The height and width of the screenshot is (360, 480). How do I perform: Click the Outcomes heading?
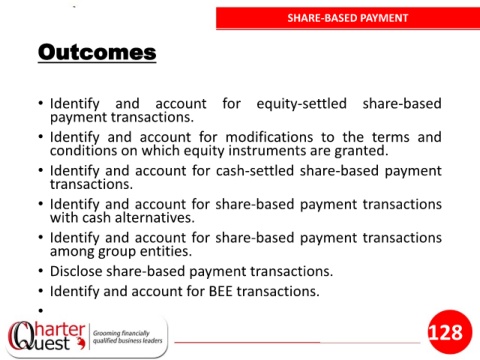pyautogui.click(x=97, y=52)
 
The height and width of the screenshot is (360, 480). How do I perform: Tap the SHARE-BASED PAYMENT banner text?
pyautogui.click(x=348, y=18)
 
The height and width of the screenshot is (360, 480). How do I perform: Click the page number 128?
pyautogui.click(x=445, y=332)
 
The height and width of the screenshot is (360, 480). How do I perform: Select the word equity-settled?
pyautogui.click(x=301, y=104)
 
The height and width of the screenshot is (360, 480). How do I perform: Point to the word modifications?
pyautogui.click(x=269, y=137)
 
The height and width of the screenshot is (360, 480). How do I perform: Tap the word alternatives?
pyautogui.click(x=155, y=218)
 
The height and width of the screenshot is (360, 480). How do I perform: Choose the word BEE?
pyautogui.click(x=220, y=291)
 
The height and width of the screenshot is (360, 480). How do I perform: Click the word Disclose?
pyautogui.click(x=76, y=271)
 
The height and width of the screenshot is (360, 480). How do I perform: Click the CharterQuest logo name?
pyautogui.click(x=46, y=336)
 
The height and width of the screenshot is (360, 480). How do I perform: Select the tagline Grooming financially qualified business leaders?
pyautogui.click(x=127, y=337)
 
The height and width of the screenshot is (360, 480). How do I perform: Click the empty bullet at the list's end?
pyautogui.click(x=41, y=311)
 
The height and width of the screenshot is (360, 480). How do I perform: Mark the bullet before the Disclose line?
pyautogui.click(x=41, y=271)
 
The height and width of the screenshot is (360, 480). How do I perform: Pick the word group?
pyautogui.click(x=117, y=252)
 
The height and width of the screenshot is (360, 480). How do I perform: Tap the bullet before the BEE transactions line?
pyautogui.click(x=41, y=291)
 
